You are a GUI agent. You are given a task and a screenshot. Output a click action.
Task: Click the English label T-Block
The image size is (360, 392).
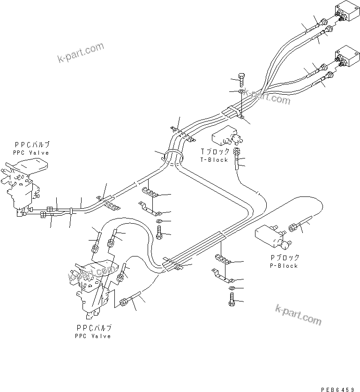tap(215, 160)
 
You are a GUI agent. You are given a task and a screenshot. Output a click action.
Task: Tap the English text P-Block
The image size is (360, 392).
tap(284, 266)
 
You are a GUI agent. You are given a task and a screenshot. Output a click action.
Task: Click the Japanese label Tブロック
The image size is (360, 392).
tap(215, 152)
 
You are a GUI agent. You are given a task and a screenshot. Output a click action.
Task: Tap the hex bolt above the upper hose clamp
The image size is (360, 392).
tap(241, 79)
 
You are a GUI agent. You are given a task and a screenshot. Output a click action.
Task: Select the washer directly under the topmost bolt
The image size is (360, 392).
tap(241, 91)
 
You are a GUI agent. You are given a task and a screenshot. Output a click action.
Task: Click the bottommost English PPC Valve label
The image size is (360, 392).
tap(92, 336)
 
